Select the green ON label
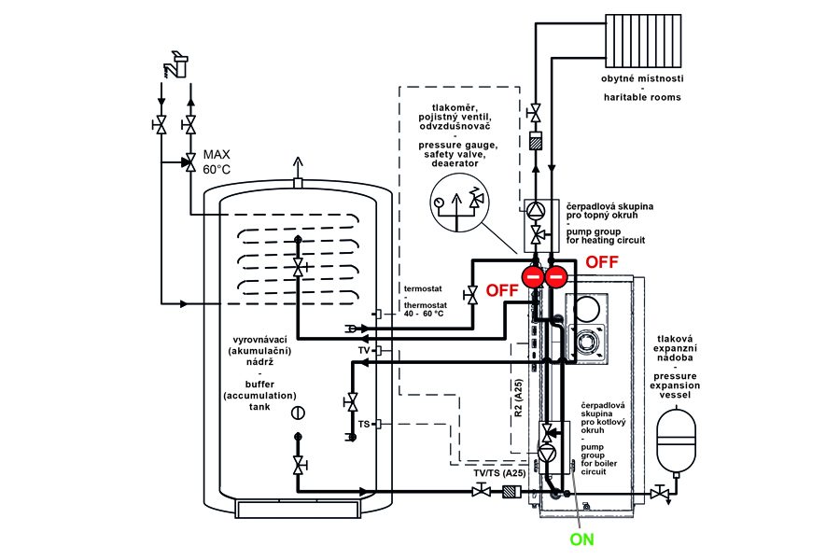click(x=581, y=539)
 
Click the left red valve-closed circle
click(x=532, y=276)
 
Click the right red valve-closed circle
click(x=556, y=276)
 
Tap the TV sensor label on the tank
click(x=364, y=350)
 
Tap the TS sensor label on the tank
click(x=364, y=424)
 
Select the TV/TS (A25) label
click(x=499, y=472)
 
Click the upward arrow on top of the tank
click(x=299, y=167)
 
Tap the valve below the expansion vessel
click(x=664, y=492)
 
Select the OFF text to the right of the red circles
click(x=602, y=263)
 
